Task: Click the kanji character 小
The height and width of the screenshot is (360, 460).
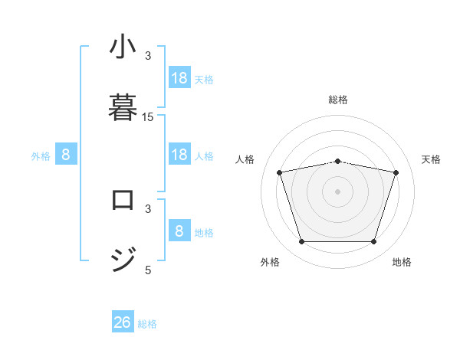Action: tap(123, 49)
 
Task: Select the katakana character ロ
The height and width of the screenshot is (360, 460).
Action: tap(123, 200)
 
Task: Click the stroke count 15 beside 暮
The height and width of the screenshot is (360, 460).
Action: tap(148, 117)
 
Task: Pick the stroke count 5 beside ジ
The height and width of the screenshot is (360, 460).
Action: tap(148, 270)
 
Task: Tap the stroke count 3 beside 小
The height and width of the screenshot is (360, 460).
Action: tap(148, 55)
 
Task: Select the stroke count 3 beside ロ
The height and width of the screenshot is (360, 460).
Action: tap(148, 208)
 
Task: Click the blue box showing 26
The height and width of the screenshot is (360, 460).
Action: tap(123, 322)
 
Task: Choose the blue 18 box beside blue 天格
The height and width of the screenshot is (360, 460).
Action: tap(179, 78)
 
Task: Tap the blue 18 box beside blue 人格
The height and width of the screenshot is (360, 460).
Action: tap(179, 155)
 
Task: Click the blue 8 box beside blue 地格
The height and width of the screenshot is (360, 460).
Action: tap(179, 231)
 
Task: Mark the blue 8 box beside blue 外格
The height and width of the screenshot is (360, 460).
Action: tap(66, 155)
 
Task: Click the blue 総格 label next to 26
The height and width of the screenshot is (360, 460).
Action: tap(147, 324)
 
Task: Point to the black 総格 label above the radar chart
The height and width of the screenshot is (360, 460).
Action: tap(338, 100)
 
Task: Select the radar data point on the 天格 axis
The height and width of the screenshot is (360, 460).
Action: tap(396, 172)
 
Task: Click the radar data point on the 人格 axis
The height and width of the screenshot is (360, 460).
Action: tap(280, 172)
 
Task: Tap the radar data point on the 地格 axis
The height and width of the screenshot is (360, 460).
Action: tap(373, 242)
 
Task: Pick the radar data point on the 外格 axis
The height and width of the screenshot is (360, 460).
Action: tap(302, 242)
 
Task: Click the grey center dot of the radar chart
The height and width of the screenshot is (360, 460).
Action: tap(338, 191)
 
